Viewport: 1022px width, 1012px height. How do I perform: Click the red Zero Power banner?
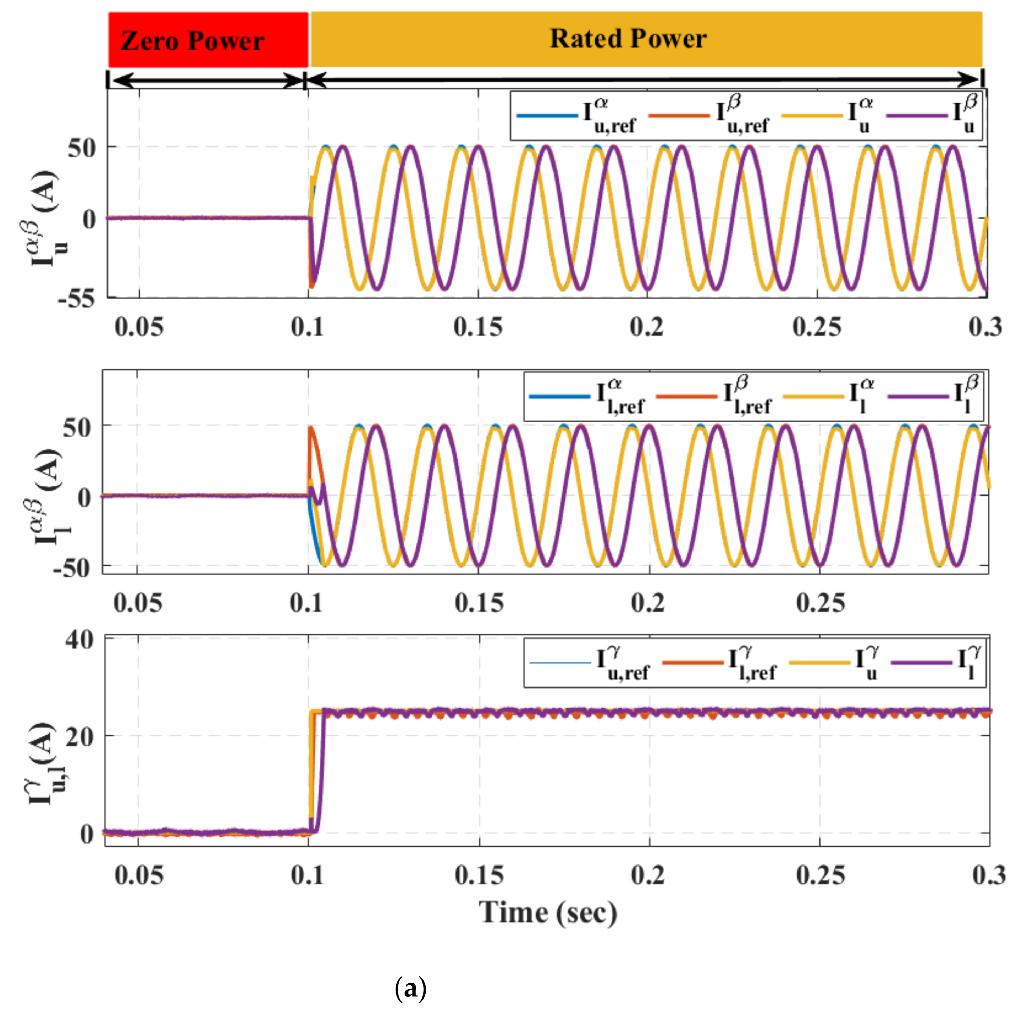tap(208, 40)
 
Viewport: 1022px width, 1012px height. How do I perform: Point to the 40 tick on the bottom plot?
tap(79, 640)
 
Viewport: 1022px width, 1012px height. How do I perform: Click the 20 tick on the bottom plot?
tap(79, 736)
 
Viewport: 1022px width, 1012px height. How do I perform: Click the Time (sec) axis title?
tap(547, 913)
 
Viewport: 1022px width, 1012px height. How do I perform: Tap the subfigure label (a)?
tap(410, 988)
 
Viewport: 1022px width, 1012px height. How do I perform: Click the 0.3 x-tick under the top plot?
tap(985, 327)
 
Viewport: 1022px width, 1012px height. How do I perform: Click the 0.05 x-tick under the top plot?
tap(139, 327)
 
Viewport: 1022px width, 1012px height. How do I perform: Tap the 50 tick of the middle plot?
tap(77, 427)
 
